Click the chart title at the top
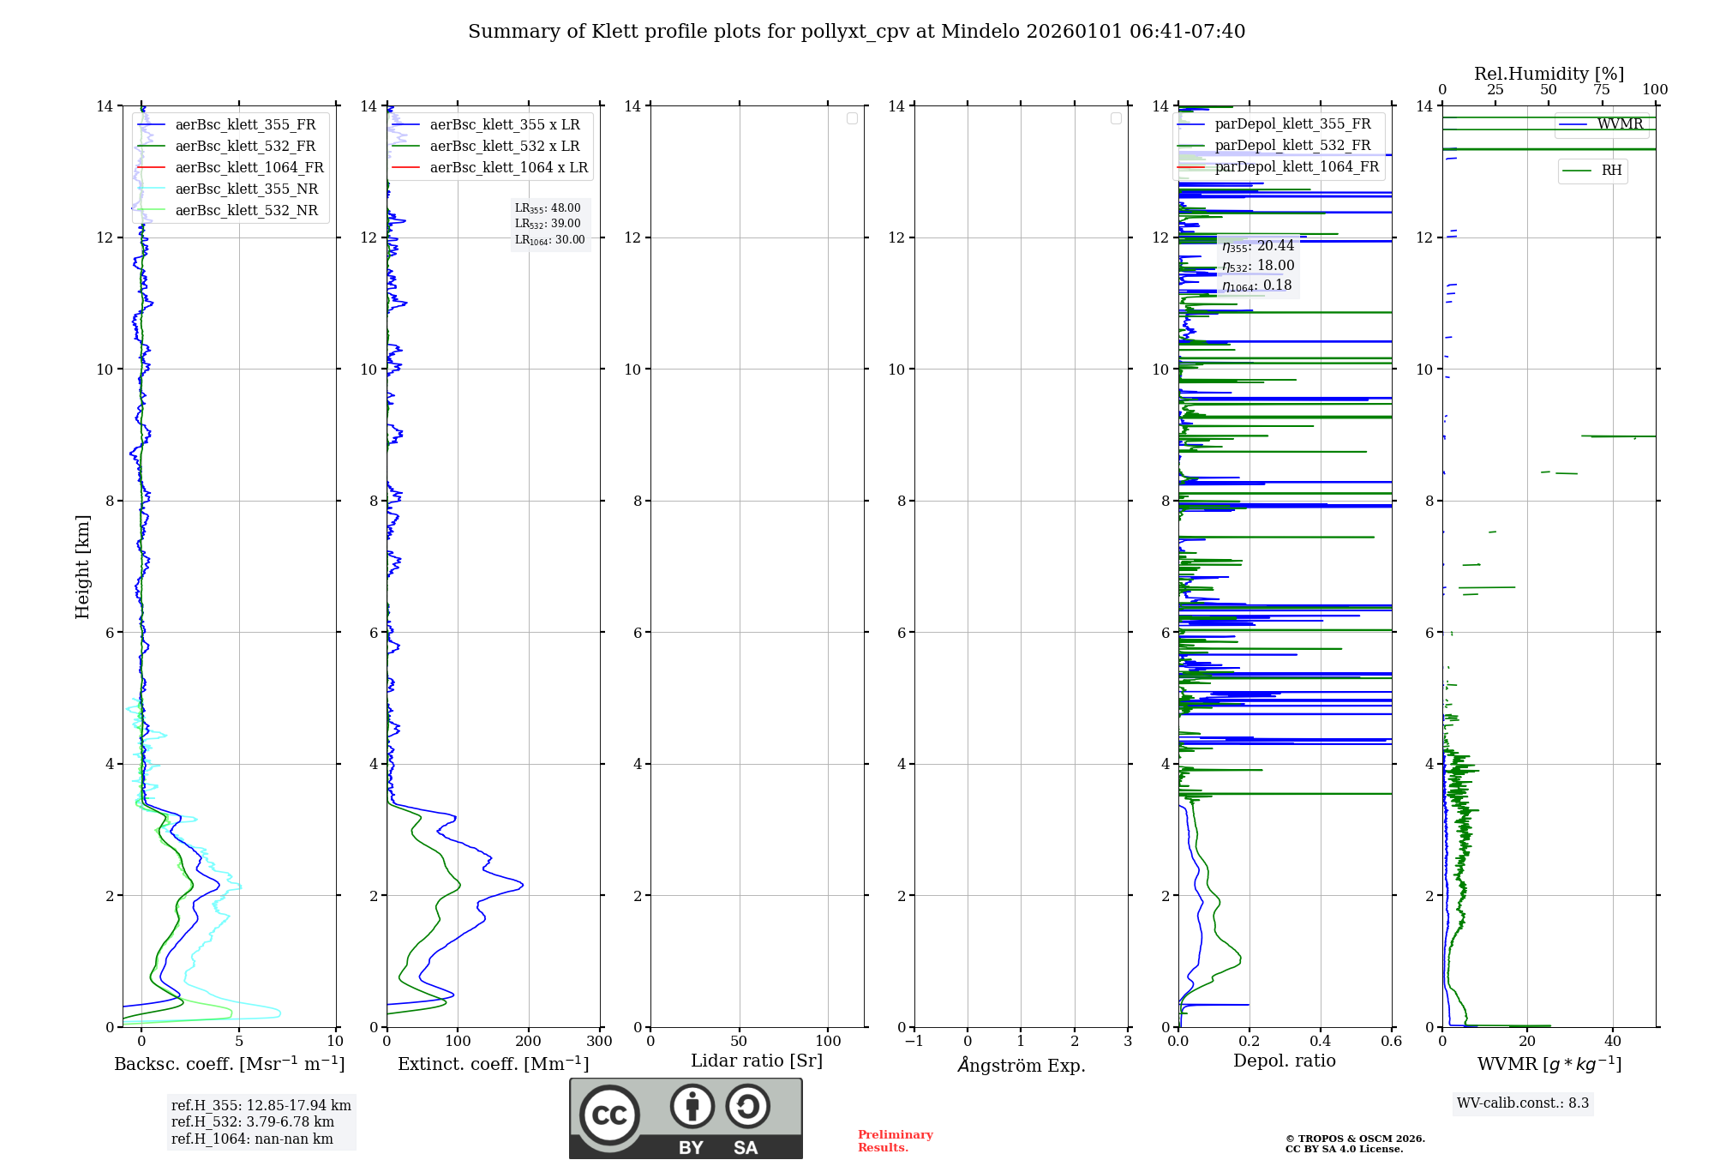(856, 32)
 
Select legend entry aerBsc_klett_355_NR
(246, 189)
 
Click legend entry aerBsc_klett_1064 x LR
(508, 168)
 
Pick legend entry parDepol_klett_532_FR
(1292, 146)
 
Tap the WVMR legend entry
(1620, 124)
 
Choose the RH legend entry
(1611, 171)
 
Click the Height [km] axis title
(82, 567)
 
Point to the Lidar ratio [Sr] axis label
(757, 1061)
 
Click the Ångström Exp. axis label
(1022, 1066)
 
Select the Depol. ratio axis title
(1284, 1061)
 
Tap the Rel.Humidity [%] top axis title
(1549, 74)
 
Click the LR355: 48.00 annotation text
(548, 208)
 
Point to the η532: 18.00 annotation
(1258, 266)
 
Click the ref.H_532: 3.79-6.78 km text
(253, 1122)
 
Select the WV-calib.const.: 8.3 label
(1523, 1103)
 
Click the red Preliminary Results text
(895, 1141)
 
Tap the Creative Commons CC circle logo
(609, 1115)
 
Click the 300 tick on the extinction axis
(600, 1042)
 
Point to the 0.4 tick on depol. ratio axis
(1321, 1042)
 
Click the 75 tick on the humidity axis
(1602, 90)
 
